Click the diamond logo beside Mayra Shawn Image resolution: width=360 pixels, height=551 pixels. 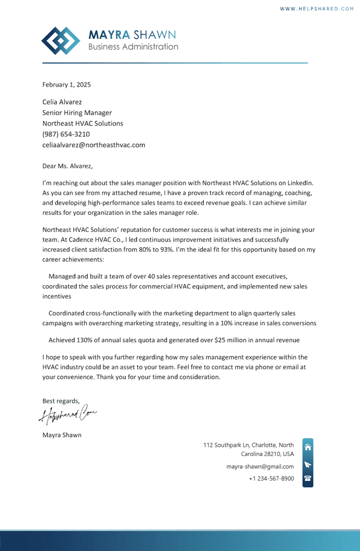click(61, 41)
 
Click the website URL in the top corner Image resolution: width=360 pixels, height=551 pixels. click(317, 8)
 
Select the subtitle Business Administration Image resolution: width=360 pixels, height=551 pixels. click(133, 47)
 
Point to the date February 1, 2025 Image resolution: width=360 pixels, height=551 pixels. click(67, 85)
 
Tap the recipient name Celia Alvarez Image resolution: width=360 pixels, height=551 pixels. click(62, 102)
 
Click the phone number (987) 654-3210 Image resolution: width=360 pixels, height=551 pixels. click(66, 134)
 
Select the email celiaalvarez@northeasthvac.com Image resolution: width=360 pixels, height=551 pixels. click(94, 145)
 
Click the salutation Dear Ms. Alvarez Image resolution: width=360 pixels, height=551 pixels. click(68, 165)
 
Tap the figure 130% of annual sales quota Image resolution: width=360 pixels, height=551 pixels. click(87, 340)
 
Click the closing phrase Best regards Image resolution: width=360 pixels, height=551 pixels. click(61, 401)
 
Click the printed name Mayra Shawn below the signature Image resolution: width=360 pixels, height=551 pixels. click(62, 435)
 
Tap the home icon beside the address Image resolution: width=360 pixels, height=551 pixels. click(308, 447)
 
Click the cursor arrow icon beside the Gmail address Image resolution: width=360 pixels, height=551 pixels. click(308, 465)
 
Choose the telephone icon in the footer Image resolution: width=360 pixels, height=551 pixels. click(308, 478)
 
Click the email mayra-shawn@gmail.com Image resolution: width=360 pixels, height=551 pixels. click(260, 467)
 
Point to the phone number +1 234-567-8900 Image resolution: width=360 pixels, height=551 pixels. click(272, 478)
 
